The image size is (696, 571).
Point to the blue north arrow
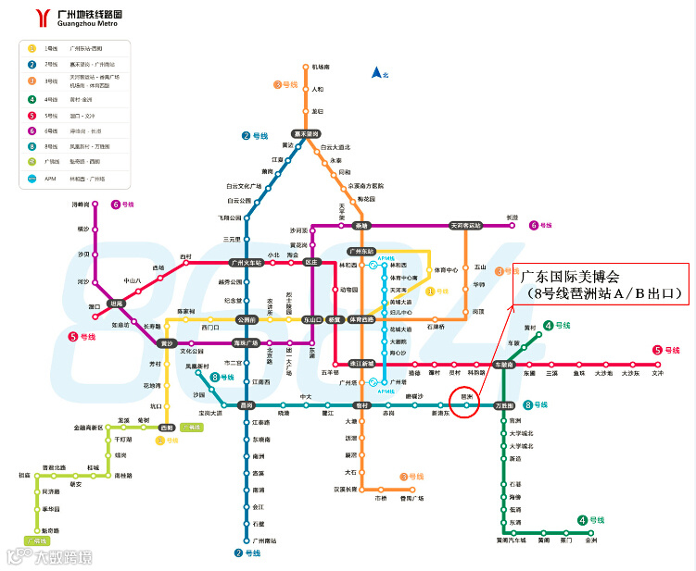[376, 72]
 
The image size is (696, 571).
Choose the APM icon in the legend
[32, 178]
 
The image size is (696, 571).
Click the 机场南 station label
[321, 67]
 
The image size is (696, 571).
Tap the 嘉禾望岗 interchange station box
[305, 133]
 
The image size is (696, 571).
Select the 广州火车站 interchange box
[247, 263]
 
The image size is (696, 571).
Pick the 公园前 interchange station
[247, 319]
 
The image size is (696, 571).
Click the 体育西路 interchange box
[361, 319]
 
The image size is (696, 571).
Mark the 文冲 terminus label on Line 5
[658, 373]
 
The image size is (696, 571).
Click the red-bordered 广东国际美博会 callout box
[601, 285]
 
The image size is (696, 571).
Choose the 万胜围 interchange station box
[504, 405]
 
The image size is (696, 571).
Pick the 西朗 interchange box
[167, 428]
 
